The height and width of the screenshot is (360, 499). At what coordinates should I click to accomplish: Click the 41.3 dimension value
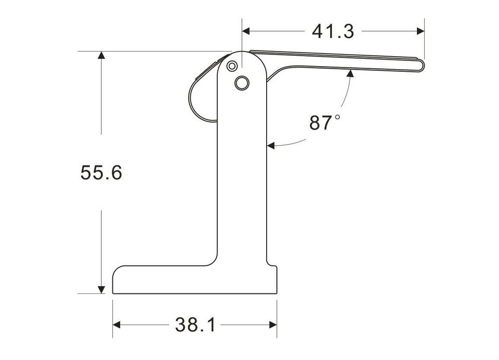click(x=333, y=31)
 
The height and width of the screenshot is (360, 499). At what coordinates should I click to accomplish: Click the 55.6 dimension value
click(x=101, y=172)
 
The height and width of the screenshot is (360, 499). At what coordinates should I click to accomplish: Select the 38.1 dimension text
click(x=195, y=325)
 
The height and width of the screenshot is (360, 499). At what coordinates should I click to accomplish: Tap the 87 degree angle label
click(x=321, y=123)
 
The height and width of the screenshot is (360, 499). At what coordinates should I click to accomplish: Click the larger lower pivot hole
click(x=242, y=82)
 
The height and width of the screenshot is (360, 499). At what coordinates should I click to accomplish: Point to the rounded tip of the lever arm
click(x=422, y=65)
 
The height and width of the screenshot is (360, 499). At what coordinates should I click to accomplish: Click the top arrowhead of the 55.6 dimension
click(x=101, y=56)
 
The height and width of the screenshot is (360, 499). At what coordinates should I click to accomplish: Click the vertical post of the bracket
click(x=242, y=172)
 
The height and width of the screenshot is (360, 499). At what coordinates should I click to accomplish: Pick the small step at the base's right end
click(x=272, y=266)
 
